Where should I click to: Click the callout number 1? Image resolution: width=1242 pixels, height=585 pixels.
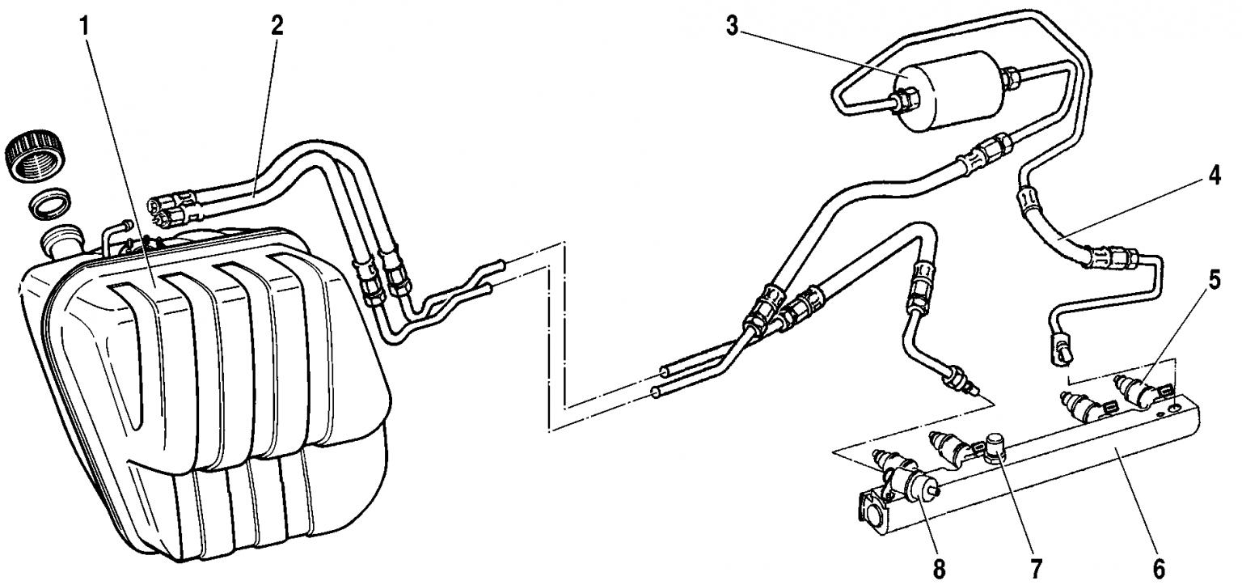coord(84,27)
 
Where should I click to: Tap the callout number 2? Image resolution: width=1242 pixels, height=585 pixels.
coord(277,26)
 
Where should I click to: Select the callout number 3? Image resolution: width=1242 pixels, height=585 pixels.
coord(733,27)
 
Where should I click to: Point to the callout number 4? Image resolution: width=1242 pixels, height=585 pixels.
coord(1214,176)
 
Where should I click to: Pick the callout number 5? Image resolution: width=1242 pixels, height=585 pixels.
coord(1215,280)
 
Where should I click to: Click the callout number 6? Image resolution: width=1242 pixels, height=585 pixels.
coord(1159,569)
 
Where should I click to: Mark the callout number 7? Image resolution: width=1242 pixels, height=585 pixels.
coord(1036,569)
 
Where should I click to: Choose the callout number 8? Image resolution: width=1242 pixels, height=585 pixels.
coord(939,569)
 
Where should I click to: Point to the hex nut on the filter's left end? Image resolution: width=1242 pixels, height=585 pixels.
coord(908,99)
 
